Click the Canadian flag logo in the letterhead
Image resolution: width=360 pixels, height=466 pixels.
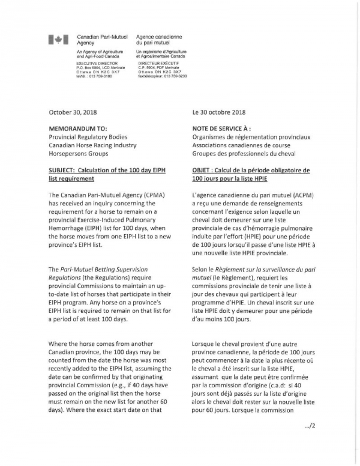pyautogui.click(x=58, y=40)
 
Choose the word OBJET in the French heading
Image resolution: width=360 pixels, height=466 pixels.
pyautogui.click(x=203, y=170)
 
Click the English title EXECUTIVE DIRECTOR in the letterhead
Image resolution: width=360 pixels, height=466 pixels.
pyautogui.click(x=97, y=62)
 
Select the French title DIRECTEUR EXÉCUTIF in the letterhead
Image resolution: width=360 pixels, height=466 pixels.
pyautogui.click(x=160, y=62)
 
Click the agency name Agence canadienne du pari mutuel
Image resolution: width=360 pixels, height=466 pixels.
pyautogui.click(x=159, y=40)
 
